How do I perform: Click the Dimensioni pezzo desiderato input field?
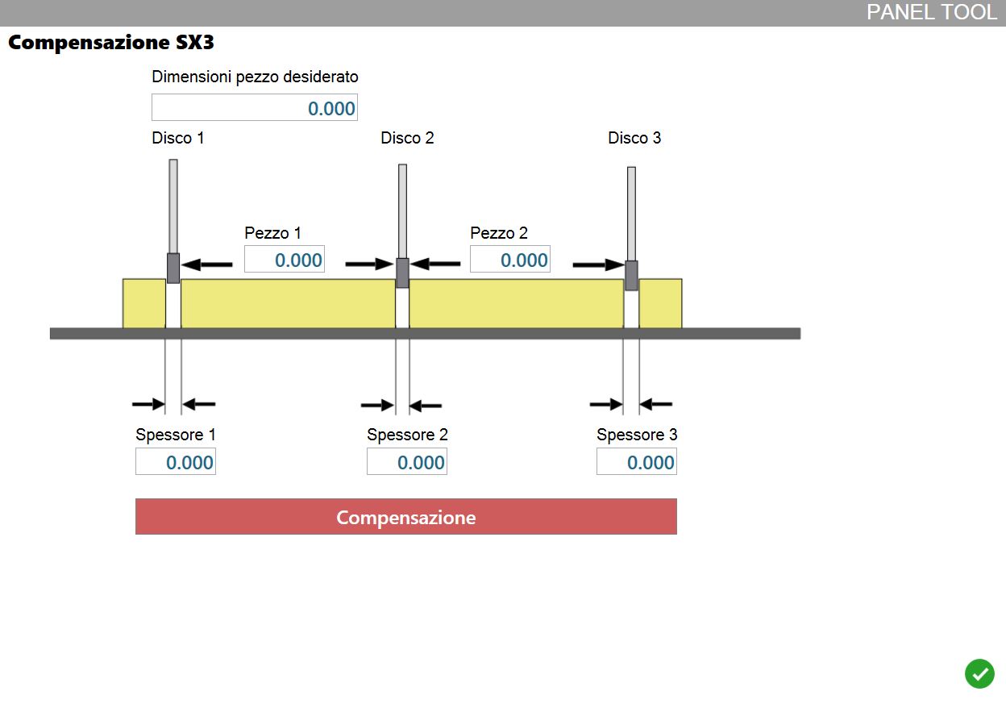[x=255, y=107]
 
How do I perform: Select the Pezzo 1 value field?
[x=285, y=259]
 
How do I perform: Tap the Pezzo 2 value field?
[x=510, y=259]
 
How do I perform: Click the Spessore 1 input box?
[x=176, y=461]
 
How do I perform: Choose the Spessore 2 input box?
[x=407, y=461]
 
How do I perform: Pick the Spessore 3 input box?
[x=637, y=461]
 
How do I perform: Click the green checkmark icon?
[x=979, y=674]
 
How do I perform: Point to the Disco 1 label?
[x=178, y=138]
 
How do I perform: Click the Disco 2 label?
[x=407, y=138]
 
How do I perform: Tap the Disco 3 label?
[x=634, y=138]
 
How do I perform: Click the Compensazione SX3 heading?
[x=111, y=42]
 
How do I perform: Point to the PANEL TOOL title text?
[x=932, y=12]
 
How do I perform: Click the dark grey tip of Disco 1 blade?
[x=173, y=269]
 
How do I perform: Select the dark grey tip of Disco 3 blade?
[x=631, y=276]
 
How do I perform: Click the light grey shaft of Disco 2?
[x=402, y=211]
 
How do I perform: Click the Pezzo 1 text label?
[x=272, y=233]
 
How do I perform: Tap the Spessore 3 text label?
[x=637, y=435]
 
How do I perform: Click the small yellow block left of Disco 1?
[x=144, y=303]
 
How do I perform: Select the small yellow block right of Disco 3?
[x=661, y=303]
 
